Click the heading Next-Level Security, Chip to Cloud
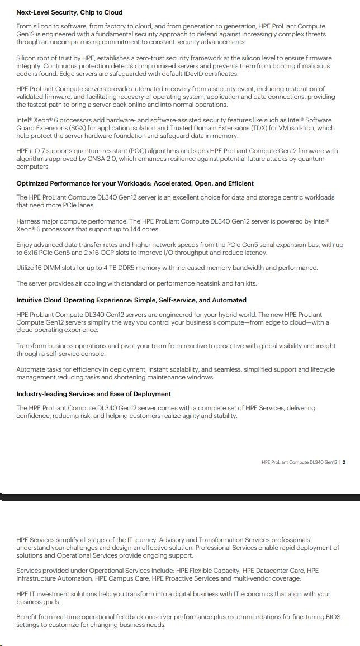tap(69, 12)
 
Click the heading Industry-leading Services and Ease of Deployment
tap(93, 394)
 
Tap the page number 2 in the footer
tap(344, 462)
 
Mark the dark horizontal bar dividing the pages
tap(180, 497)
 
